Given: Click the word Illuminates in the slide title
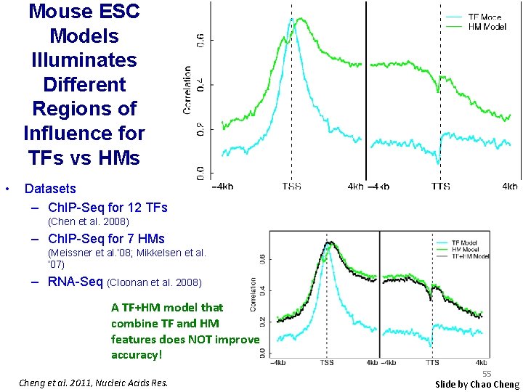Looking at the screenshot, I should click(x=84, y=60).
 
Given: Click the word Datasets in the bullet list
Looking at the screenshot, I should click(x=50, y=189).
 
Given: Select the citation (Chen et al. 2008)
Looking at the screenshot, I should click(x=88, y=221).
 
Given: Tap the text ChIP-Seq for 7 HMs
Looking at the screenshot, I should click(x=106, y=239).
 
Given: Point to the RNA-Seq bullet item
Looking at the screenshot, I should click(x=76, y=282).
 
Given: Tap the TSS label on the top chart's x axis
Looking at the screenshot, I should click(x=292, y=187).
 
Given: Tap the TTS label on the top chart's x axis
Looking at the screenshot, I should click(x=440, y=187).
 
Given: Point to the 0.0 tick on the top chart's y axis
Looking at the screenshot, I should click(x=200, y=173).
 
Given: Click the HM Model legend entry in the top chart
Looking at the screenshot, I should click(x=487, y=26).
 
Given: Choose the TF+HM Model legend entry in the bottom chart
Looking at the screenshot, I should click(x=470, y=256).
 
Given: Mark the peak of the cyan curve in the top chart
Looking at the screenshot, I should click(x=292, y=20).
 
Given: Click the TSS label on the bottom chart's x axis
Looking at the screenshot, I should click(x=328, y=362).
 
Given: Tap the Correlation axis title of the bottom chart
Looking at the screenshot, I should click(x=254, y=294).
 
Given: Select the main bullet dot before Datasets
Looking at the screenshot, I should click(x=7, y=189).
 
